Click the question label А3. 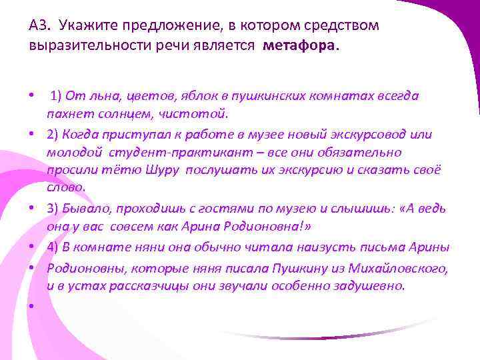coord(39,25)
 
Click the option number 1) coord(57,95)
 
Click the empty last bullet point coord(32,306)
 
